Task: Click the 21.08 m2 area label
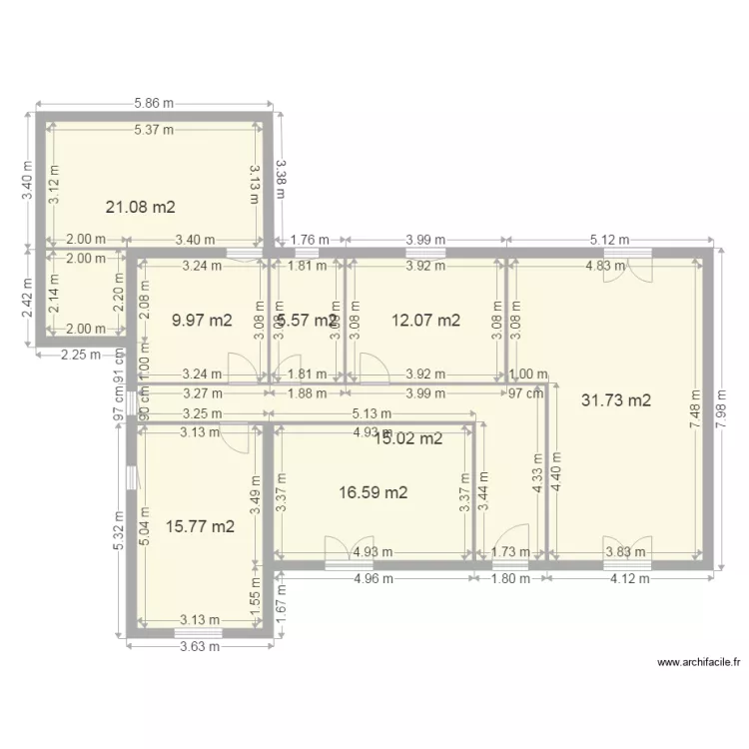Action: [141, 208]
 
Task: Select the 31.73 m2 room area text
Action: [615, 400]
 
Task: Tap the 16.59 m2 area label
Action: [373, 492]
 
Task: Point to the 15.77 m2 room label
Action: [201, 526]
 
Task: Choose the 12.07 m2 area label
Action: [425, 321]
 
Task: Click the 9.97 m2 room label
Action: [202, 321]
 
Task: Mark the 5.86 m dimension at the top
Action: [154, 103]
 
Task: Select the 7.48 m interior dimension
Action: [695, 408]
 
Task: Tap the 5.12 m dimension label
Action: [609, 240]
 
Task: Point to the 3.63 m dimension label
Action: [200, 644]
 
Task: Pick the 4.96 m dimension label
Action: [374, 577]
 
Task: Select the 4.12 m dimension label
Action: [630, 577]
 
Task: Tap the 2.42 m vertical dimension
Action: [28, 300]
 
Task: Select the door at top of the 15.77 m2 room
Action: [234, 437]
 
